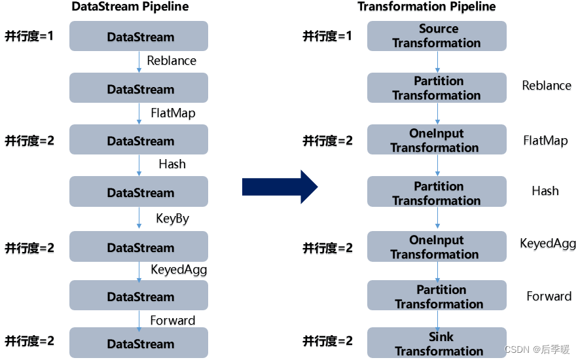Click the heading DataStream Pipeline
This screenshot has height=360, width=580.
click(130, 7)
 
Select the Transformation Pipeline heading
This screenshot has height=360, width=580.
click(426, 7)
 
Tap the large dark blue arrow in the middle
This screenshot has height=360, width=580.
click(280, 187)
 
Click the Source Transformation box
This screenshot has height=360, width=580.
click(437, 36)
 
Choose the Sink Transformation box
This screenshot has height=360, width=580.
click(437, 344)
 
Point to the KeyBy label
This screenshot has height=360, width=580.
click(172, 219)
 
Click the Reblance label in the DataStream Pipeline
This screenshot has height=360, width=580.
click(172, 61)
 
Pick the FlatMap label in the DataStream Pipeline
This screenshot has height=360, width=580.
click(173, 113)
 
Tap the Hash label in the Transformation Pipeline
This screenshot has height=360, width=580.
click(545, 191)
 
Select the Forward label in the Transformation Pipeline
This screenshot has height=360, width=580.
click(549, 297)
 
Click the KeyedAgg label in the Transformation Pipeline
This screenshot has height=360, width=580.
click(548, 244)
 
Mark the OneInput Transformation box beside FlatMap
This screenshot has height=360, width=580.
click(437, 140)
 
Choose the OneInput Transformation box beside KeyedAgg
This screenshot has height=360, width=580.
click(437, 247)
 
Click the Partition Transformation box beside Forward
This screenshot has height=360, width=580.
click(437, 296)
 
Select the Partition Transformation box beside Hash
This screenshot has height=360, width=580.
click(437, 192)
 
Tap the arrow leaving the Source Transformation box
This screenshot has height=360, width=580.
click(437, 62)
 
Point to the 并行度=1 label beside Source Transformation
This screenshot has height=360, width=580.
click(327, 36)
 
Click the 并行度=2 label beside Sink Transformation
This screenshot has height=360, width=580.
click(327, 341)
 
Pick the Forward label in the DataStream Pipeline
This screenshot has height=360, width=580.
click(172, 321)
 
